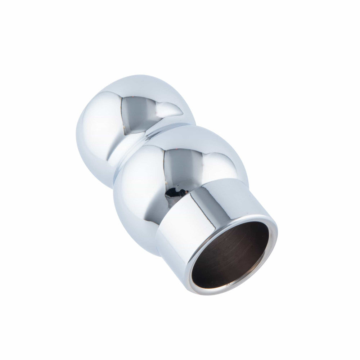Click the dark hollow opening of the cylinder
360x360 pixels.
(x=230, y=256)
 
